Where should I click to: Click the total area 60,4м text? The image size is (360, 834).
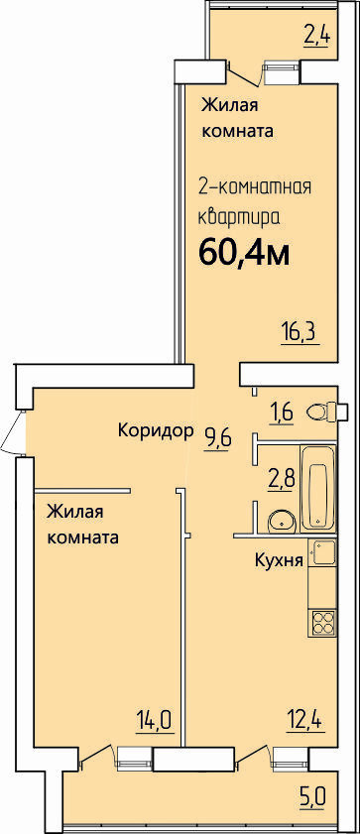pyautogui.click(x=244, y=253)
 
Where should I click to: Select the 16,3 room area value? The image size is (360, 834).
pyautogui.click(x=300, y=334)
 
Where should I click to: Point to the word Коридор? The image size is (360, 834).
pyautogui.click(x=155, y=430)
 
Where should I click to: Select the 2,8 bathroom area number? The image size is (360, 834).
pyautogui.click(x=280, y=480)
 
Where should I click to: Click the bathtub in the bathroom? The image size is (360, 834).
pyautogui.click(x=318, y=489)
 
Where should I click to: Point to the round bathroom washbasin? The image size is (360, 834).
pyautogui.click(x=282, y=520)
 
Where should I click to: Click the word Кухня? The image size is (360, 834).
pyautogui.click(x=279, y=560)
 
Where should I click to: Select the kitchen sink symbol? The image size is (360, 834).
pyautogui.click(x=321, y=553)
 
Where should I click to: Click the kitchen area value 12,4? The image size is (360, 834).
pyautogui.click(x=305, y=722)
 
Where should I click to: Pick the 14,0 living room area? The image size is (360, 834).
pyautogui.click(x=155, y=722)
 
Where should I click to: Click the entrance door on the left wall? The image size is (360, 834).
pyautogui.click(x=12, y=432)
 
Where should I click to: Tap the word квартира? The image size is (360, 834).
pyautogui.click(x=239, y=217)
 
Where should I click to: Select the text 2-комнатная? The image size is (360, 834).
pyautogui.click(x=254, y=187)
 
